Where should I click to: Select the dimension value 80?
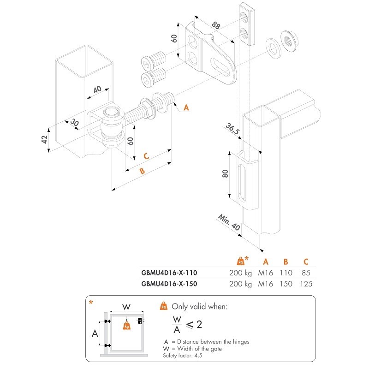[225, 173]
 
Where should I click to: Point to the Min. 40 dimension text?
[228, 222]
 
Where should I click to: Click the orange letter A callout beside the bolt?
[186, 107]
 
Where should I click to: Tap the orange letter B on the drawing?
[142, 171]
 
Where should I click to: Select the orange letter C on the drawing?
[146, 156]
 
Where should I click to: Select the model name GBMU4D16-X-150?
[169, 284]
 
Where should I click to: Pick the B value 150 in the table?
[286, 284]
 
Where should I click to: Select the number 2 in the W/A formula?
[199, 324]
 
